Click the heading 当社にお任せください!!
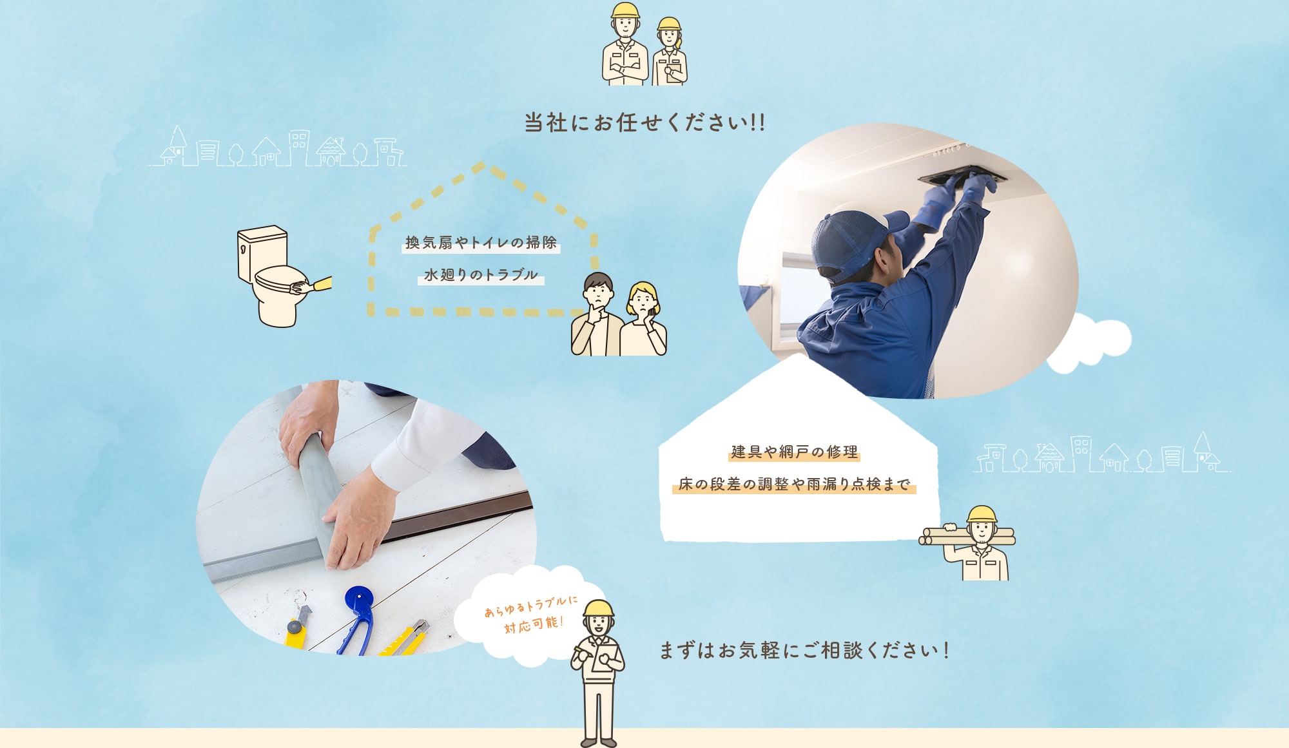tap(644, 122)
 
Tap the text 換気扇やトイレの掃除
tap(481, 243)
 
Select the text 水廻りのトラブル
tap(481, 275)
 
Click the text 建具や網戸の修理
tap(794, 452)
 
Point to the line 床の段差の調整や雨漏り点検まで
tap(794, 484)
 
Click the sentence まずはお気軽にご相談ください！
tap(804, 650)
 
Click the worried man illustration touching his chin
tap(596, 316)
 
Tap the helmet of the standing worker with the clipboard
tap(599, 608)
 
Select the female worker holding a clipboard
tap(670, 55)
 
